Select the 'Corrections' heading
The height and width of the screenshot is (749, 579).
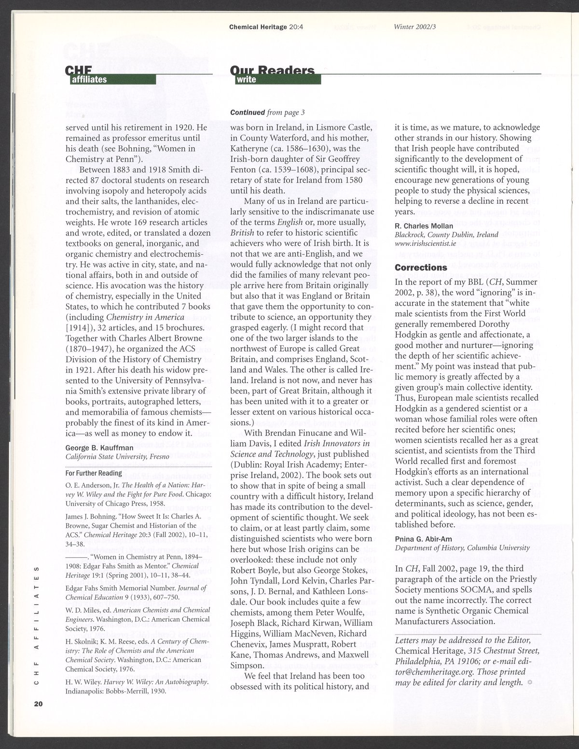click(x=421, y=267)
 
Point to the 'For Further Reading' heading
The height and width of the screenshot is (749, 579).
click(x=94, y=473)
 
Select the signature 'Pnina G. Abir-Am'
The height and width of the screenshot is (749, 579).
click(x=425, y=538)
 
